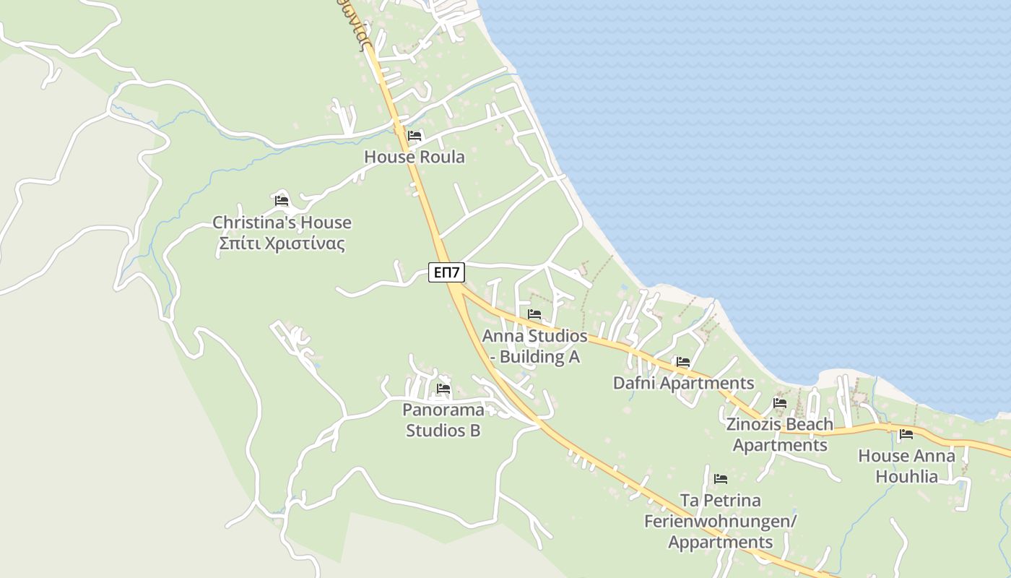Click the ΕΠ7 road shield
[447, 272]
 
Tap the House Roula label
[415, 157]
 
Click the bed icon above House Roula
[415, 136]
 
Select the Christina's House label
[282, 222]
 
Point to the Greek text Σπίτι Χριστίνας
[282, 243]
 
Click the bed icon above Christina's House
[282, 201]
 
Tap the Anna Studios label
[534, 336]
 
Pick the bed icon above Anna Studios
[534, 314]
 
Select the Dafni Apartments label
[683, 383]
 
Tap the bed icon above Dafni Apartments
[683, 362]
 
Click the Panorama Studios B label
[443, 420]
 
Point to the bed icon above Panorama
[443, 389]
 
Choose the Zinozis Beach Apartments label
[780, 434]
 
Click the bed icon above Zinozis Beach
[780, 403]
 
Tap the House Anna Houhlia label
[906, 466]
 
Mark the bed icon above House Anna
[906, 434]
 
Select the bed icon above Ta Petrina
[721, 478]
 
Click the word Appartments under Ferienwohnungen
[721, 542]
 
